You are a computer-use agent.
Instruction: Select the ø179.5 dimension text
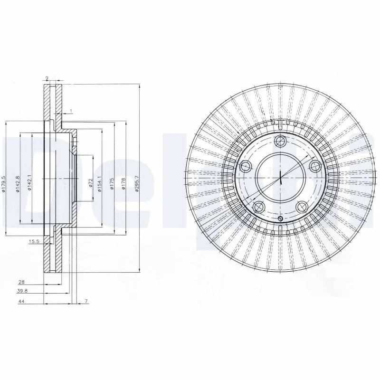3,184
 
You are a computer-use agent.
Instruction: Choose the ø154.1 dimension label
99,184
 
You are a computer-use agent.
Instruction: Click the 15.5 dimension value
33,242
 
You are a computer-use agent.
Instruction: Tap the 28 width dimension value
22,282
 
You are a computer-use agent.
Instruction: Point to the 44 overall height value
22,302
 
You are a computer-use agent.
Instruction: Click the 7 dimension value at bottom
86,302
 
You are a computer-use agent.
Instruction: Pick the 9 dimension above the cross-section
47,78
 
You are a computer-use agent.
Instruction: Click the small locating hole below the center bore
280,218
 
